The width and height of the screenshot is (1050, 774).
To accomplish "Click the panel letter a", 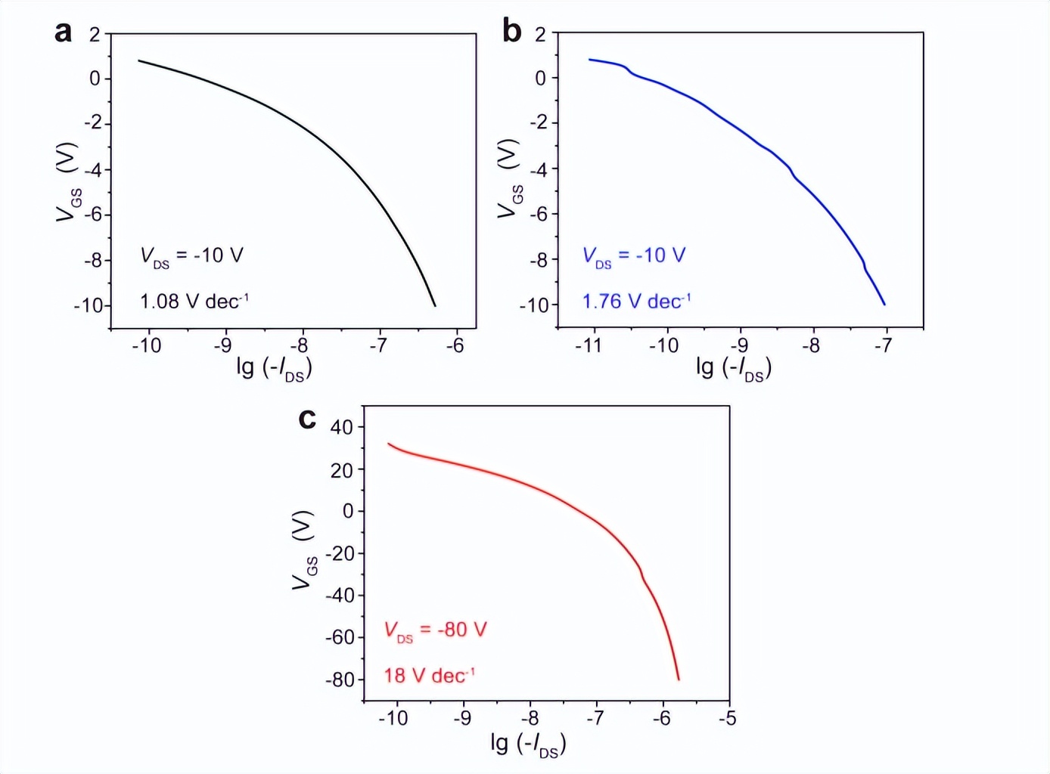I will [64, 33].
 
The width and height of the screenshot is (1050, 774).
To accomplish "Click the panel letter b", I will [512, 32].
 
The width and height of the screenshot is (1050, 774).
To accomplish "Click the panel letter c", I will [307, 418].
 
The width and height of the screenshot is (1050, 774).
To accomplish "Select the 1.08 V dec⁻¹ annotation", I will [194, 301].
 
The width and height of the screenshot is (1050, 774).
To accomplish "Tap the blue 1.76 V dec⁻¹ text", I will [636, 301].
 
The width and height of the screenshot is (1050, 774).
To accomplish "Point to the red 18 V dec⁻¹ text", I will [429, 675].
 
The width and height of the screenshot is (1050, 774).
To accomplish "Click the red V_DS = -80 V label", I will [435, 630].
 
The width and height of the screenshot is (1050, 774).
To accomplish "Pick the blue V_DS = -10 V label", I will [633, 256].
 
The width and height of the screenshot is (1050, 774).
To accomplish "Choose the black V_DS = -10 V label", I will [191, 256].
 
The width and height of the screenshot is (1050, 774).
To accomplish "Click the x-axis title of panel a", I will [274, 368].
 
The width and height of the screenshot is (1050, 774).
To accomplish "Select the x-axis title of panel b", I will [733, 368].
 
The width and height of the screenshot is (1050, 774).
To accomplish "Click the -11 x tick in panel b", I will [589, 346].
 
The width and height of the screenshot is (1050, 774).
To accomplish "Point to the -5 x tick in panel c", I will [728, 718].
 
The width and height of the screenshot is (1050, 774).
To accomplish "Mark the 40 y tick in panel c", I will [342, 427].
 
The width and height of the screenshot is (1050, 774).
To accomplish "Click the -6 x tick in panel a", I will [454, 346].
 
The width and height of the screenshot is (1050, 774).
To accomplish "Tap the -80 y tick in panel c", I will [340, 680].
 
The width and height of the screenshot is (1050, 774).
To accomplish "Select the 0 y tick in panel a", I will [95, 79].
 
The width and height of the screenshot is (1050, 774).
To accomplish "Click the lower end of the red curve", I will [679, 680].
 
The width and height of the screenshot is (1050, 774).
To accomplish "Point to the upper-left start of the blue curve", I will [590, 59].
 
